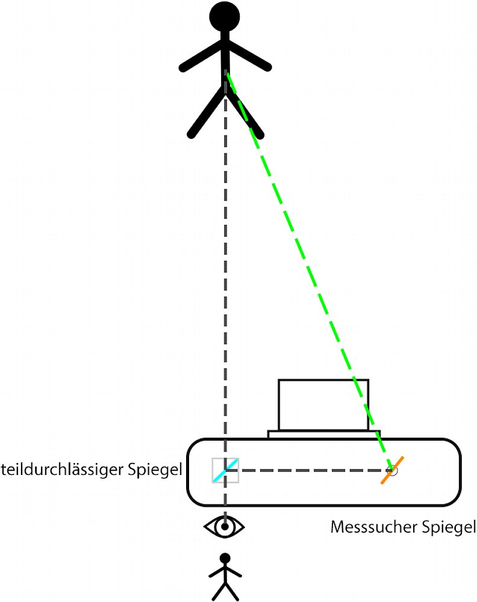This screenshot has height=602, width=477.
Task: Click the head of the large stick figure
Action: [x=225, y=17]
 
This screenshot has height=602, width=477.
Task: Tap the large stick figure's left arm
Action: [x=203, y=56]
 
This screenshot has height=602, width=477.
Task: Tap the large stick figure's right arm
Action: [x=248, y=55]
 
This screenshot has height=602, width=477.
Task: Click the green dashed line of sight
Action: [x=310, y=272]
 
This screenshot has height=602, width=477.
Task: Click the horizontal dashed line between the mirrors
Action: [x=310, y=470]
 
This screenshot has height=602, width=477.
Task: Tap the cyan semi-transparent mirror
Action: [x=225, y=470]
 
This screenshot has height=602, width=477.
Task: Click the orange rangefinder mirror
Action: [x=392, y=470]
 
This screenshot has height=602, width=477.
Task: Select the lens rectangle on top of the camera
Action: [x=323, y=405]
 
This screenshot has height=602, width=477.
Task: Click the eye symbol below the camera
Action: [x=224, y=527]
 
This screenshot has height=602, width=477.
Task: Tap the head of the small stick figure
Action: [x=225, y=558]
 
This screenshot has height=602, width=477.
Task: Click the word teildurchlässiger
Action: [x=63, y=470]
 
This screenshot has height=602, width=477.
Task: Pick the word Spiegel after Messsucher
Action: [x=449, y=527]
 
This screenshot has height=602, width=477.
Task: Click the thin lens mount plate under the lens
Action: [x=324, y=434]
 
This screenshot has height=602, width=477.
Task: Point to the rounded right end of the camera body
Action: [x=460, y=472]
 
